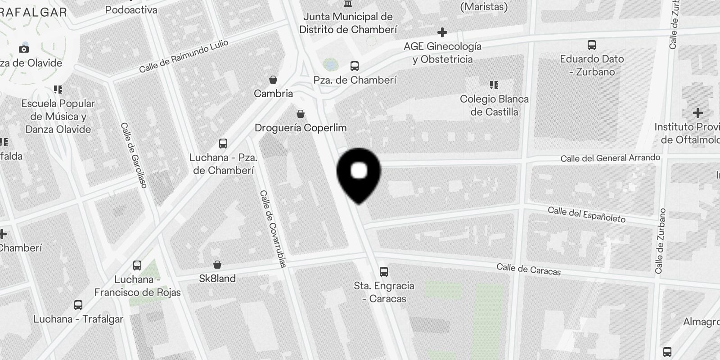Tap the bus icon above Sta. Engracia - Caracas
384,272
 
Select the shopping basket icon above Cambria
273,80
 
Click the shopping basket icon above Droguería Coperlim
301,114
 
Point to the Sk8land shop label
217,279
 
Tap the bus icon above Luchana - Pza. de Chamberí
223,144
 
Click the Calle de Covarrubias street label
273,229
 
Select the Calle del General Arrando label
610,158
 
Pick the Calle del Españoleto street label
586,215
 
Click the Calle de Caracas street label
529,269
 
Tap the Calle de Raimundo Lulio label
184,56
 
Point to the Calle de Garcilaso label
134,155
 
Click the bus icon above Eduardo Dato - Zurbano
592,45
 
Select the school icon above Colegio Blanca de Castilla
494,85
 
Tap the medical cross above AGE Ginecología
442,32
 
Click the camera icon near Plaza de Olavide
24,49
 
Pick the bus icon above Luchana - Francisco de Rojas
137,265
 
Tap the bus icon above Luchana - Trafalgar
78,305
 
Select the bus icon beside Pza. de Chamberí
355,67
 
